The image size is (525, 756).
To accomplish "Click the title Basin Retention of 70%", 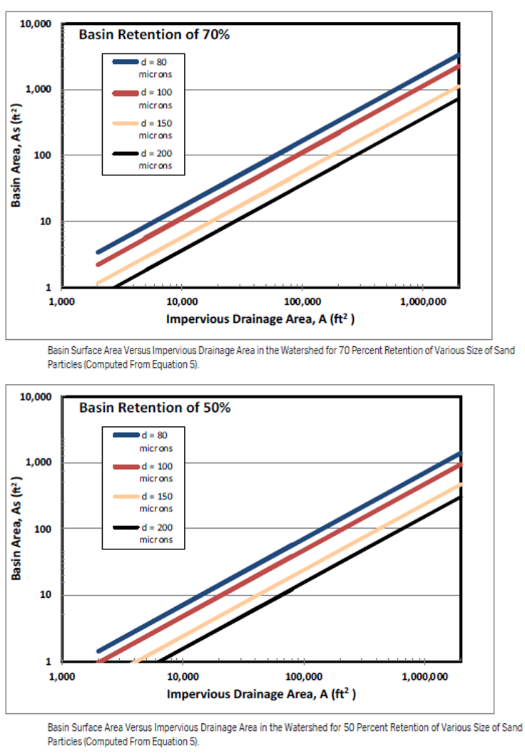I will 153,34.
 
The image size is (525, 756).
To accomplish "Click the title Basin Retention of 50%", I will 154,408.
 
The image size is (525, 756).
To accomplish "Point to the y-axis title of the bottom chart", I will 15,529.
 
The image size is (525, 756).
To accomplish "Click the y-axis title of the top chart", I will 15,155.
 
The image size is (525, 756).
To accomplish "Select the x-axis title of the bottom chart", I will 260,693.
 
